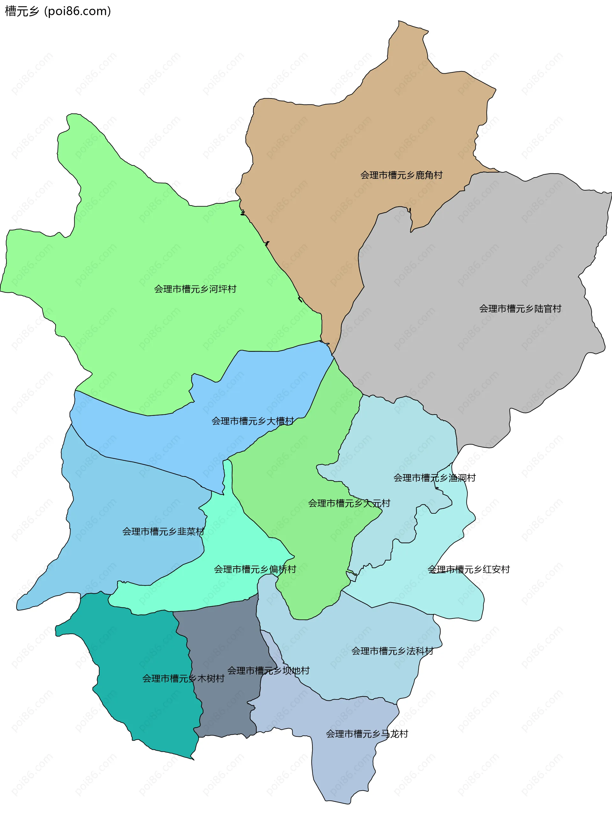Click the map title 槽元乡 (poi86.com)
pyautogui.click(x=58, y=11)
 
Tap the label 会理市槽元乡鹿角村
pyautogui.click(x=401, y=175)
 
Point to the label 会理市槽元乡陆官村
pyautogui.click(x=520, y=308)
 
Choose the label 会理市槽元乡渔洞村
pyautogui.click(x=434, y=478)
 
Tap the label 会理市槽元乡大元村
pyautogui.click(x=349, y=503)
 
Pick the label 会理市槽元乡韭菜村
pyautogui.click(x=163, y=532)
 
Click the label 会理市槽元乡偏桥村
pyautogui.click(x=255, y=569)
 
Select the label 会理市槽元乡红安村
pyautogui.click(x=469, y=569)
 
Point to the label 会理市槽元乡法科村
pyautogui.click(x=392, y=651)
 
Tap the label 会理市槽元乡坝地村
pyautogui.click(x=268, y=670)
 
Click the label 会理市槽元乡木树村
pyautogui.click(x=183, y=678)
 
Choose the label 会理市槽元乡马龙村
pyautogui.click(x=367, y=734)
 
